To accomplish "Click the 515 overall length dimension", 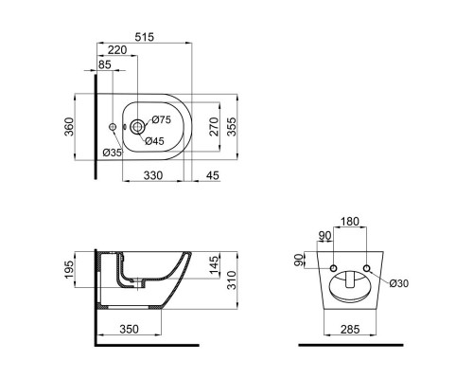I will click(x=145, y=38).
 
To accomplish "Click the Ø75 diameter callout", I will click(x=162, y=120).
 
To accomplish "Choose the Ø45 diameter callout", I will click(x=154, y=141).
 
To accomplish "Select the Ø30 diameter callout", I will click(x=397, y=283).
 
